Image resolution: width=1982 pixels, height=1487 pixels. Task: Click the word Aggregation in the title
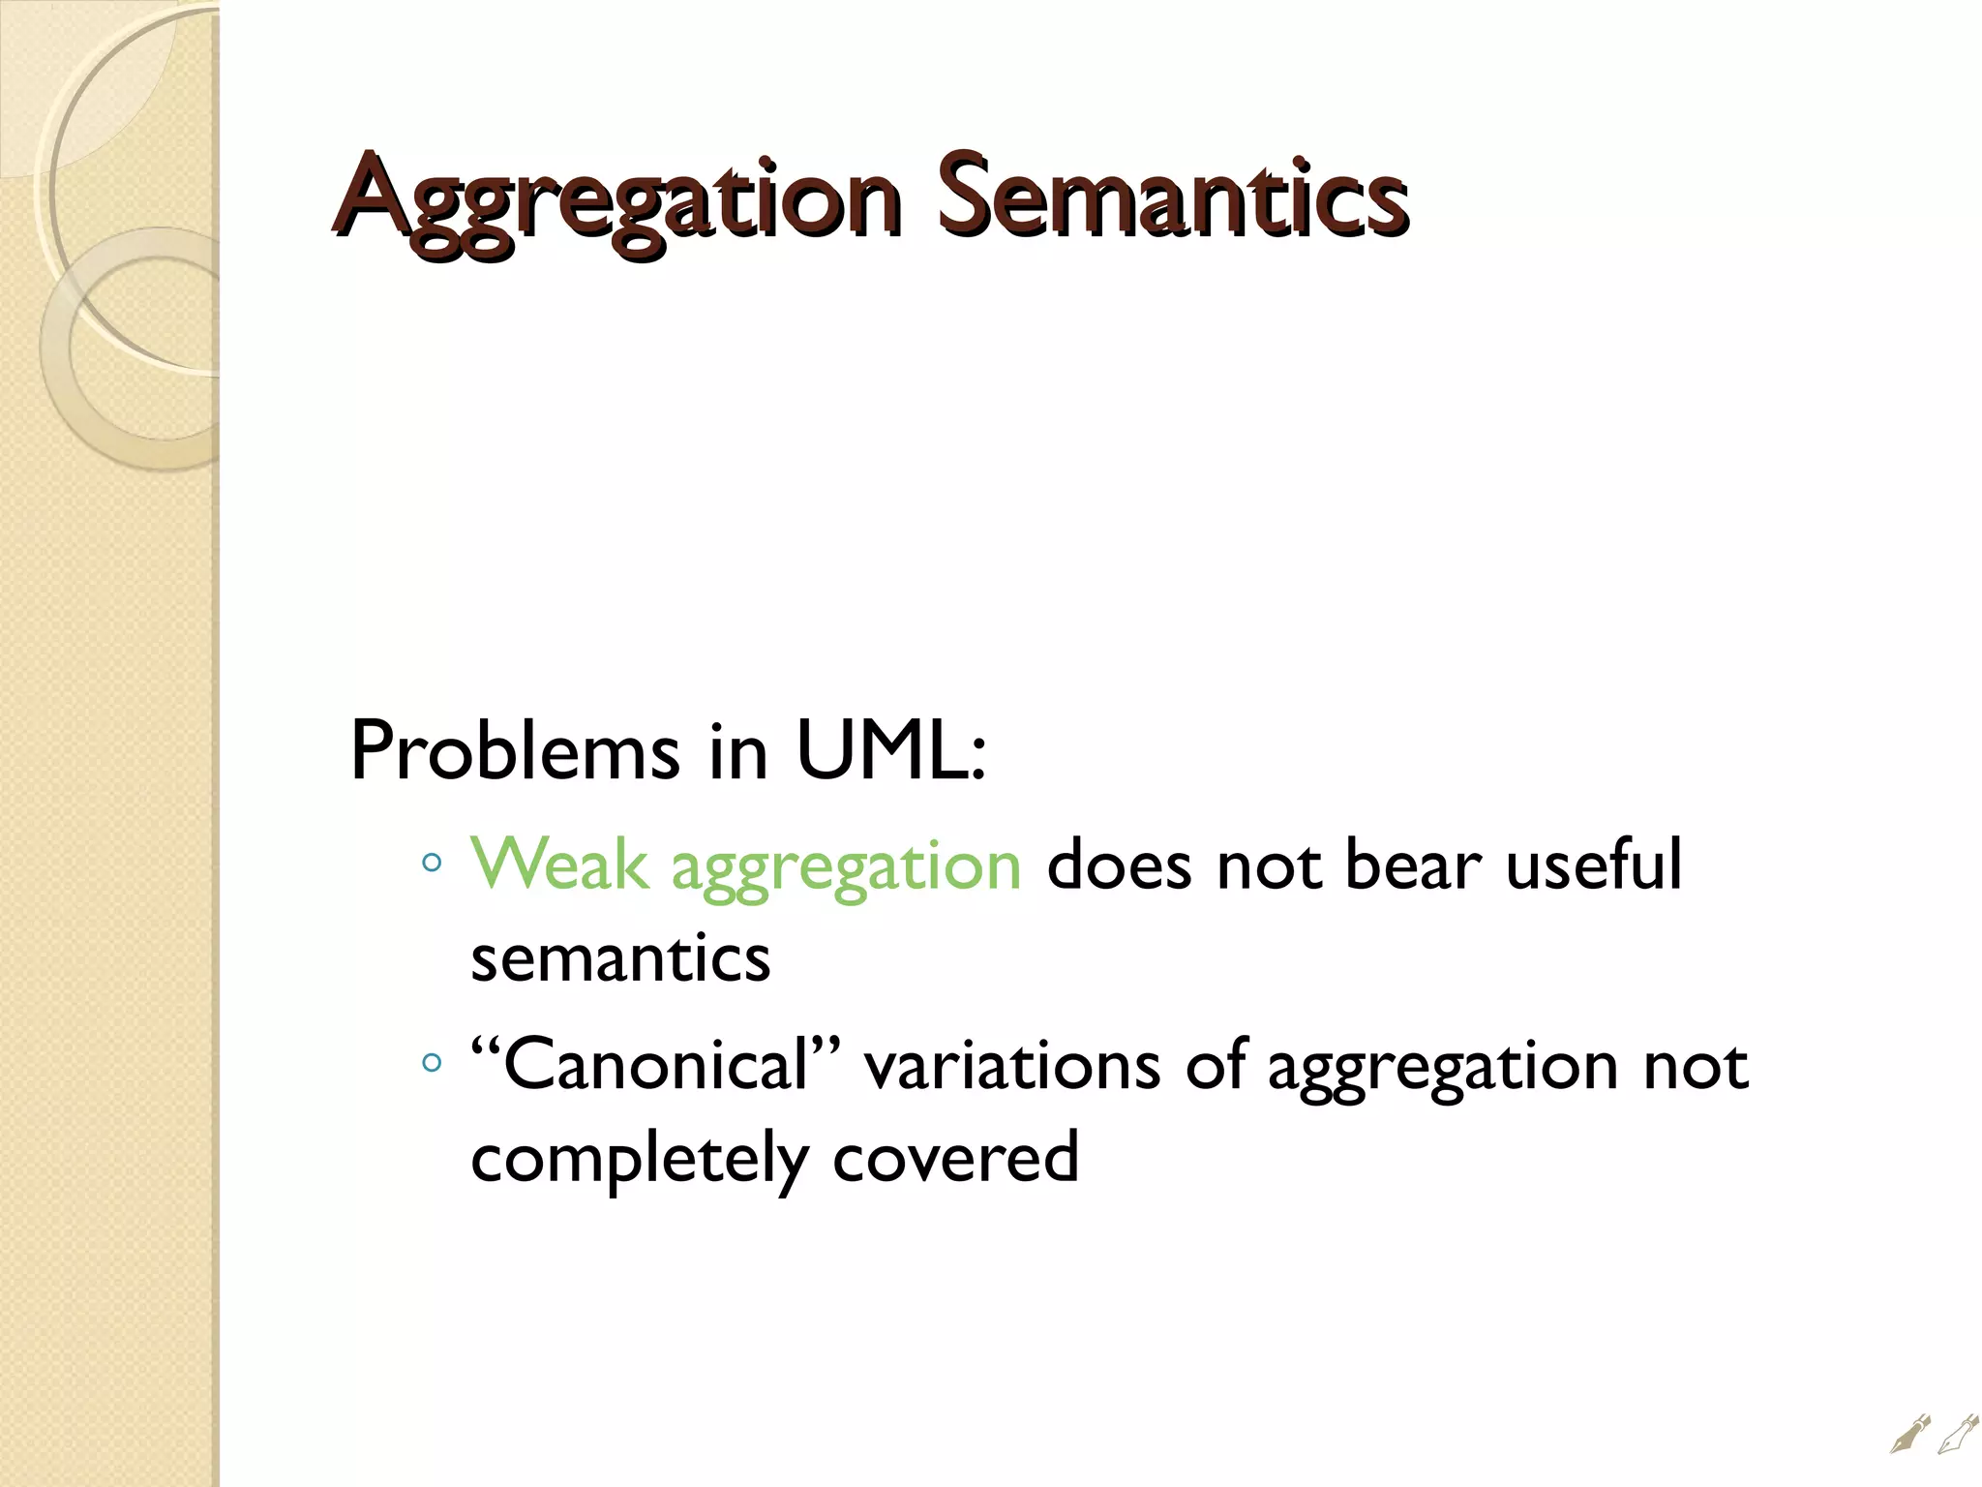pos(619,201)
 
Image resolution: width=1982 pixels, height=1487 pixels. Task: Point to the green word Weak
pos(559,864)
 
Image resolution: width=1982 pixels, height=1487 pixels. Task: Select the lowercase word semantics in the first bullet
pos(620,958)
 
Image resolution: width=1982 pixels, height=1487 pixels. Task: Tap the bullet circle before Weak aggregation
pos(433,861)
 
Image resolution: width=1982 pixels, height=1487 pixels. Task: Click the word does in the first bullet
pos(1119,864)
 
